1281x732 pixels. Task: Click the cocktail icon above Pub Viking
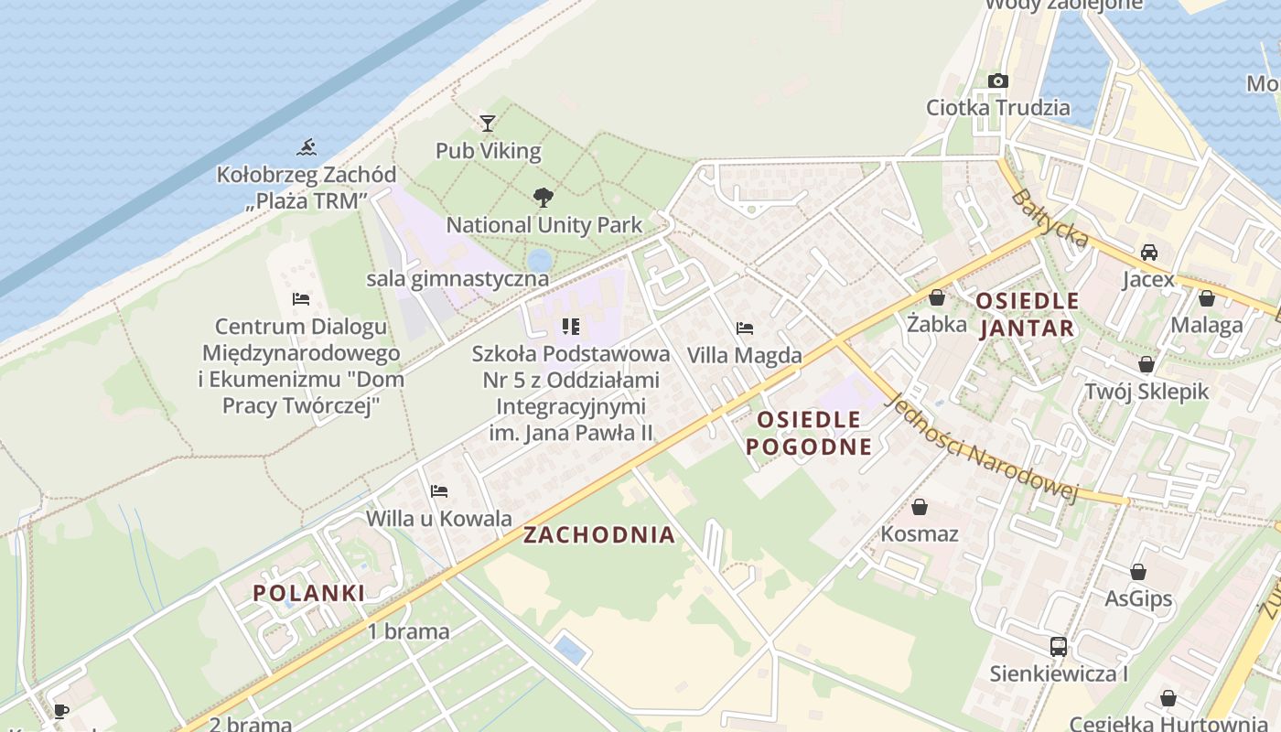(488, 123)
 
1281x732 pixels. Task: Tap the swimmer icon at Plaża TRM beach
(307, 146)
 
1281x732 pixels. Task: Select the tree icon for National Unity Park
(544, 197)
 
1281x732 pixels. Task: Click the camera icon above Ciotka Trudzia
(998, 81)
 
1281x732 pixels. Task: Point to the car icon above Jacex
(1148, 252)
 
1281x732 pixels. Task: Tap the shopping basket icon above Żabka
(936, 297)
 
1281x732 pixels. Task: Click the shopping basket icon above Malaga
(1206, 298)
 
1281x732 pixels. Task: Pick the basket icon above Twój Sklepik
(1146, 364)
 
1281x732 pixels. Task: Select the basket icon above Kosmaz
(920, 506)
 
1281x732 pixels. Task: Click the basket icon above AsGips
(1137, 572)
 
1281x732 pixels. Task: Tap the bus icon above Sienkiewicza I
(1058, 646)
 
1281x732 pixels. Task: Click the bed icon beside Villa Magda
(745, 328)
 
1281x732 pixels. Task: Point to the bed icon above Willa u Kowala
(439, 491)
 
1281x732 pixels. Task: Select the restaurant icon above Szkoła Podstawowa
(571, 326)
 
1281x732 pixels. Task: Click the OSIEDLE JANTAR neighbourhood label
(1027, 314)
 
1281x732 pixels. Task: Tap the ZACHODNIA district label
(599, 535)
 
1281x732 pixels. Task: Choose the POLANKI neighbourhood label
(309, 593)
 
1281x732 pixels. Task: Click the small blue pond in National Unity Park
(540, 260)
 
